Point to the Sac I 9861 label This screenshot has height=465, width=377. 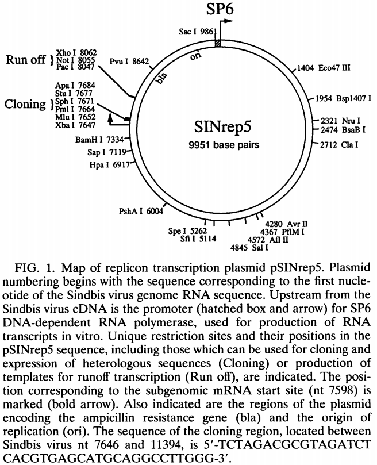point(192,33)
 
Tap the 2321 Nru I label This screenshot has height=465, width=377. point(340,121)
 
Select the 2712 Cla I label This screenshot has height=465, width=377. point(340,145)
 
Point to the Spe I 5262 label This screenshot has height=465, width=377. point(187,231)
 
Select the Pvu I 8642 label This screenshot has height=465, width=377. point(129,60)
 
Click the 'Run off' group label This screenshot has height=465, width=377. point(25,59)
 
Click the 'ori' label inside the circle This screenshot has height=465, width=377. point(195,59)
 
